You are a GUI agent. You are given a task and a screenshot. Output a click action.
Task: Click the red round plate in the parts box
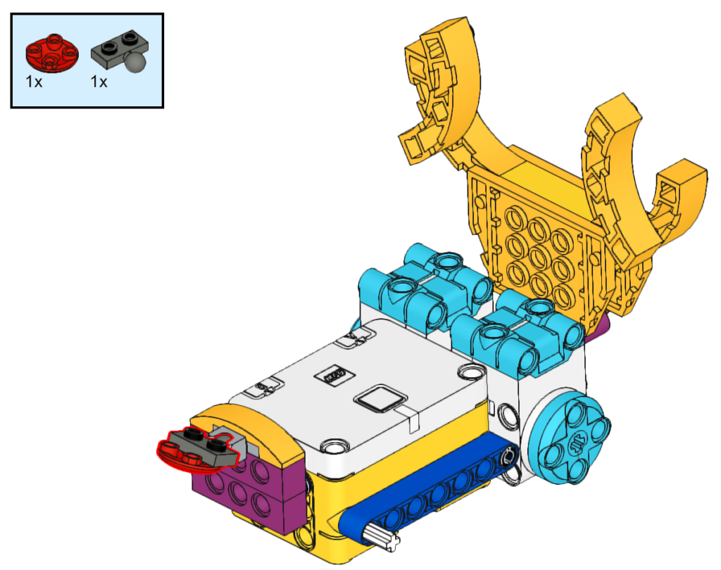[x=52, y=53]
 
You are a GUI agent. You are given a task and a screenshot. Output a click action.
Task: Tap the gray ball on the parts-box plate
[x=137, y=62]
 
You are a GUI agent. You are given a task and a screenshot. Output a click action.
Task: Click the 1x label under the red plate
[x=34, y=82]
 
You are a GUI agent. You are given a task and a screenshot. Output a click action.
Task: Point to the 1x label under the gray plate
[x=99, y=82]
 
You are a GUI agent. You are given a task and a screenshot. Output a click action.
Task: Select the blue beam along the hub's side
[x=427, y=487]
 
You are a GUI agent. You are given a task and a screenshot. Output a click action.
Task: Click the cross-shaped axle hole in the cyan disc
[x=576, y=444]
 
